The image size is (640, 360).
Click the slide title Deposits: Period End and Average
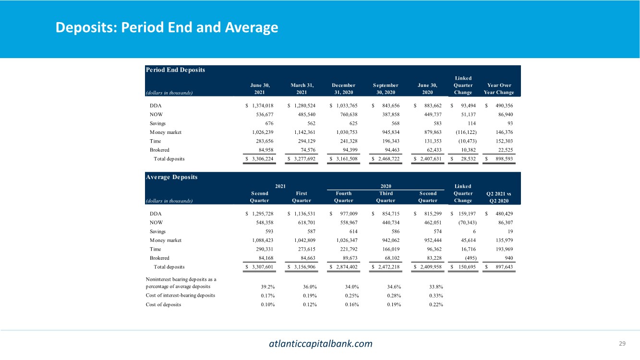pos(167,27)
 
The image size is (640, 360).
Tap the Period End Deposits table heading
pos(175,70)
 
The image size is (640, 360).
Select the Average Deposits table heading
pos(171,177)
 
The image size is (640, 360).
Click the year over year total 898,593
pos(501,158)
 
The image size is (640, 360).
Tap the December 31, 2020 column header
pos(343,89)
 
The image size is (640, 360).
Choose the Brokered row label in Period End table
pos(159,149)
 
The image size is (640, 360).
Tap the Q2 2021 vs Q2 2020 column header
pos(499,197)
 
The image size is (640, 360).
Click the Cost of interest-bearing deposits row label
pos(181,295)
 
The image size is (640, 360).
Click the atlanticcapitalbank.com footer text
pos(320,343)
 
